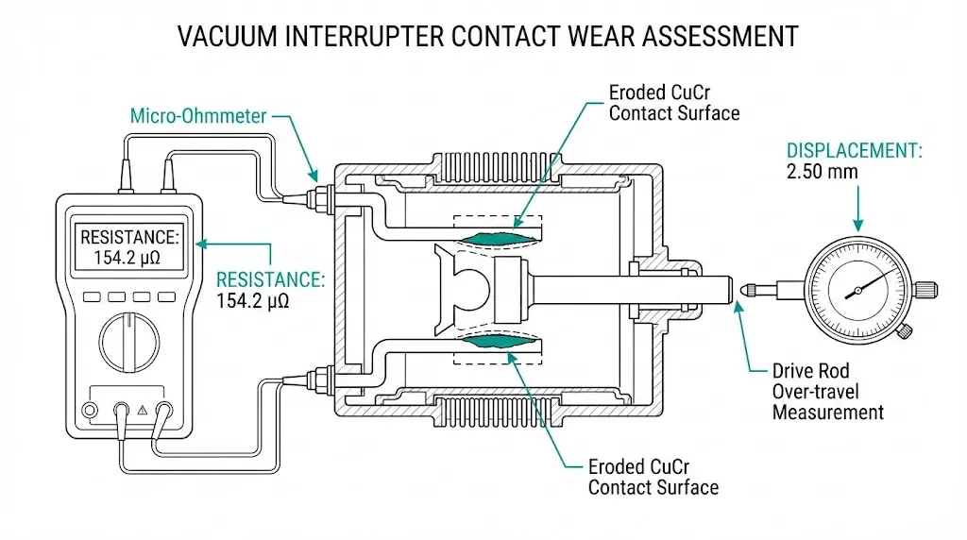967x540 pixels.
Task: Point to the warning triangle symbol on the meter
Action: pyautogui.click(x=143, y=411)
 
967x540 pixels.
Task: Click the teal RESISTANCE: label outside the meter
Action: pyautogui.click(x=270, y=280)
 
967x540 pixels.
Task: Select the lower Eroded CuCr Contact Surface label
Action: pyautogui.click(x=653, y=477)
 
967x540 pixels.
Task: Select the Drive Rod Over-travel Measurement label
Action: pyautogui.click(x=827, y=391)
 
